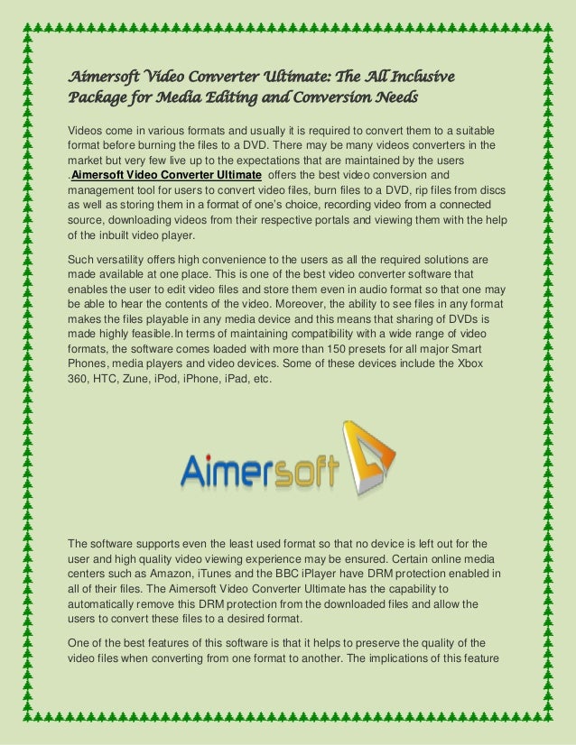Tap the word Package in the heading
[x=99, y=95]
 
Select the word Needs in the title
[x=395, y=95]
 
